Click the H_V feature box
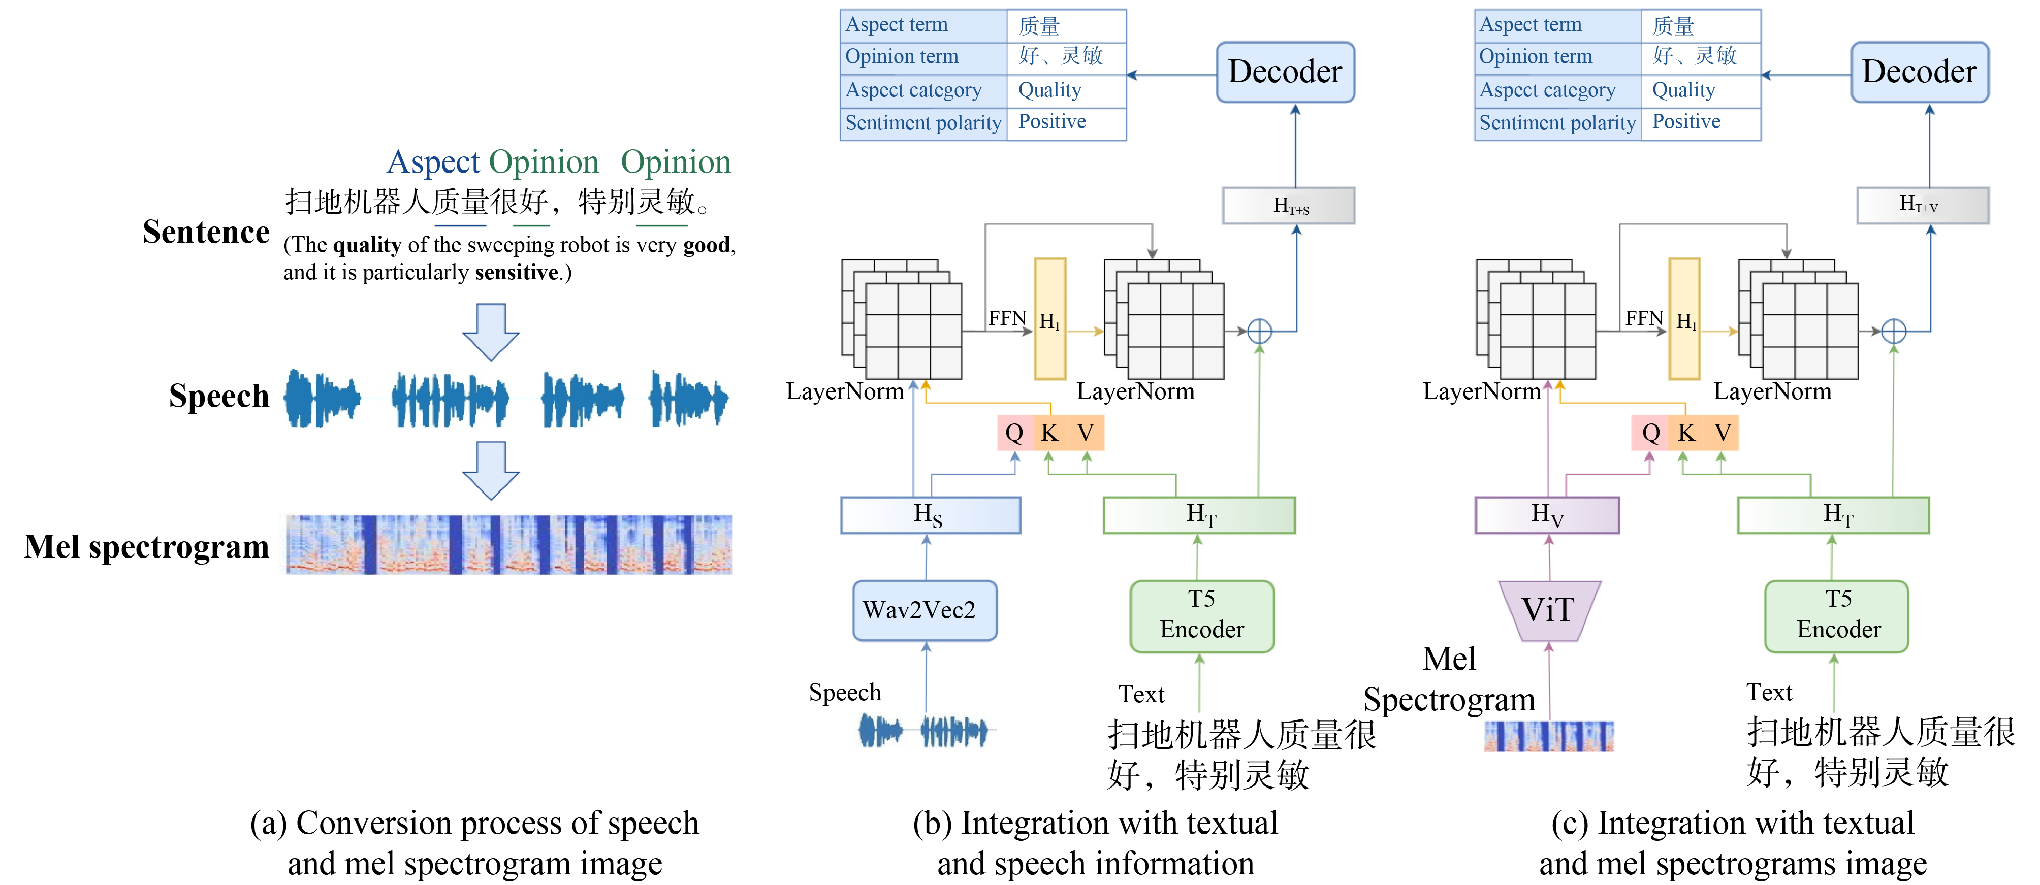tap(1547, 515)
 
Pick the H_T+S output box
tap(1289, 206)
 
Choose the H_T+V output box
tap(1922, 205)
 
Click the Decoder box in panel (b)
tap(1285, 72)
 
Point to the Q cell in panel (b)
tap(1014, 433)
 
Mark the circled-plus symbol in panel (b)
tap(1259, 331)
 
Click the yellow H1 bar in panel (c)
tap(1684, 319)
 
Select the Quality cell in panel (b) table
tap(1065, 90)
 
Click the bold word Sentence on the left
tap(206, 232)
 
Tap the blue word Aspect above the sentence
tap(433, 162)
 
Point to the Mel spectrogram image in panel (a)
tap(509, 545)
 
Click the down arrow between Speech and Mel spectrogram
tap(491, 470)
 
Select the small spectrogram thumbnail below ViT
tap(1548, 736)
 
